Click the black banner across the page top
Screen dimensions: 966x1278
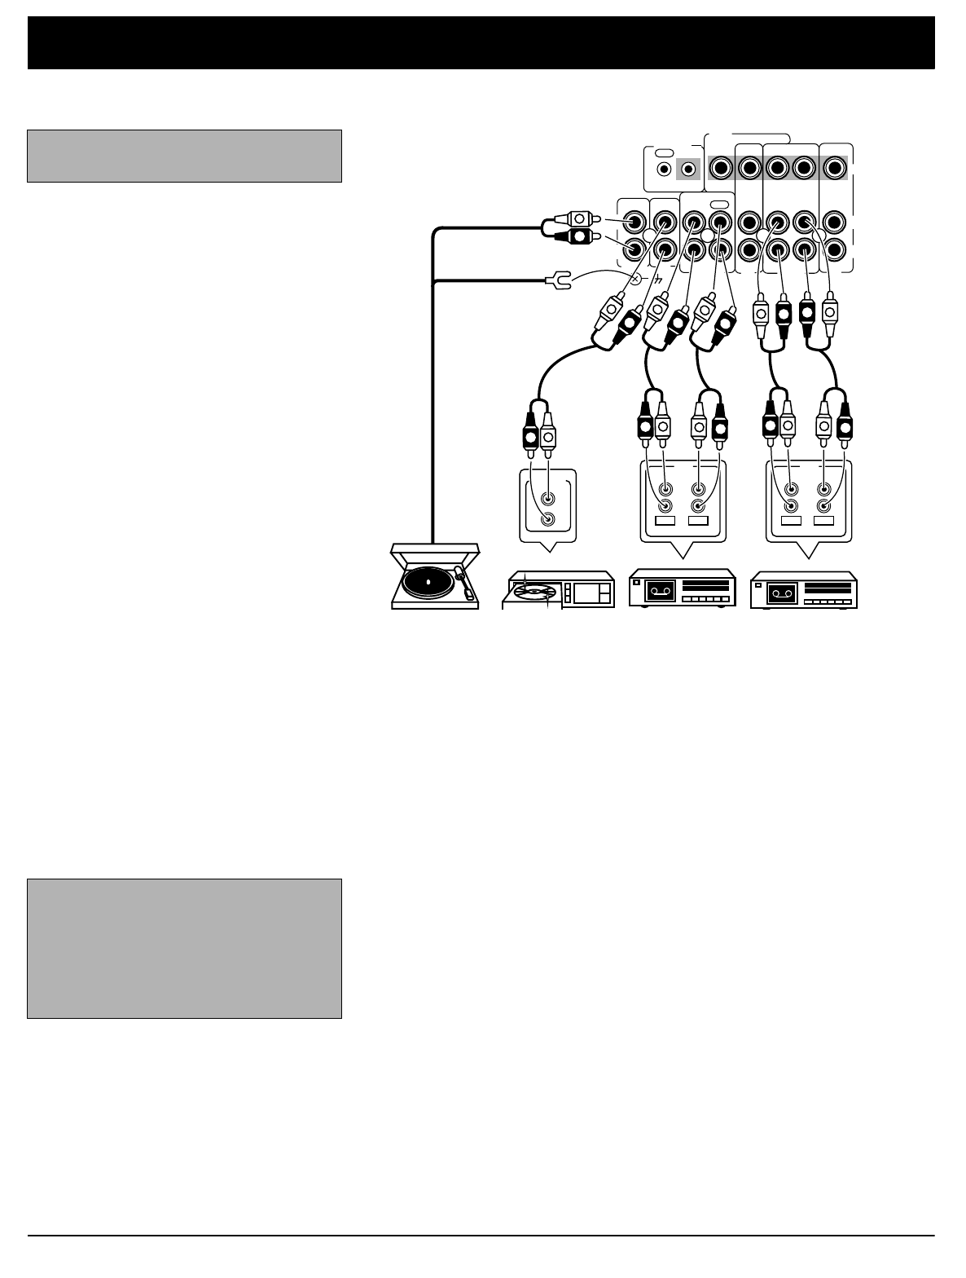[481, 42]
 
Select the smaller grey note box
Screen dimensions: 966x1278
[184, 155]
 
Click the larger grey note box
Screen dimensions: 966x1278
[184, 948]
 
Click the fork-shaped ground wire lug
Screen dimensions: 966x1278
[556, 282]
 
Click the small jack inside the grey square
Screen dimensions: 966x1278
[689, 170]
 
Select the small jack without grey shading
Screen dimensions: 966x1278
[665, 170]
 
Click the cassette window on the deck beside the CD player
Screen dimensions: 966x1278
[660, 592]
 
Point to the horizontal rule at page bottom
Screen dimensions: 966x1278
[481, 1236]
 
